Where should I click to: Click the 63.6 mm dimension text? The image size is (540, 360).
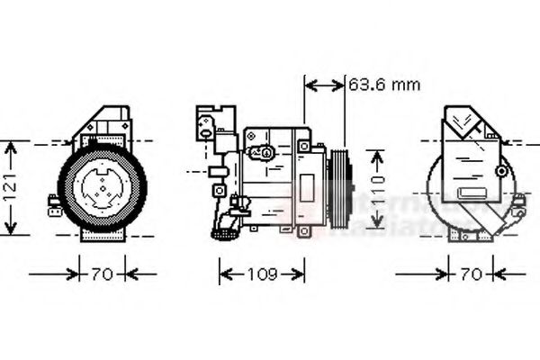384,85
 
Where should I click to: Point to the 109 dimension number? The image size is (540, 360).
261,272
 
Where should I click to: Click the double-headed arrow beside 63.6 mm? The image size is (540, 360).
324,85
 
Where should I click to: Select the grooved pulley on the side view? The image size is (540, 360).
341,190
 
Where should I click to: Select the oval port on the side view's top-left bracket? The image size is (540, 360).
208,133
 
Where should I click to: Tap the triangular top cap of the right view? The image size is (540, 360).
468,121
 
